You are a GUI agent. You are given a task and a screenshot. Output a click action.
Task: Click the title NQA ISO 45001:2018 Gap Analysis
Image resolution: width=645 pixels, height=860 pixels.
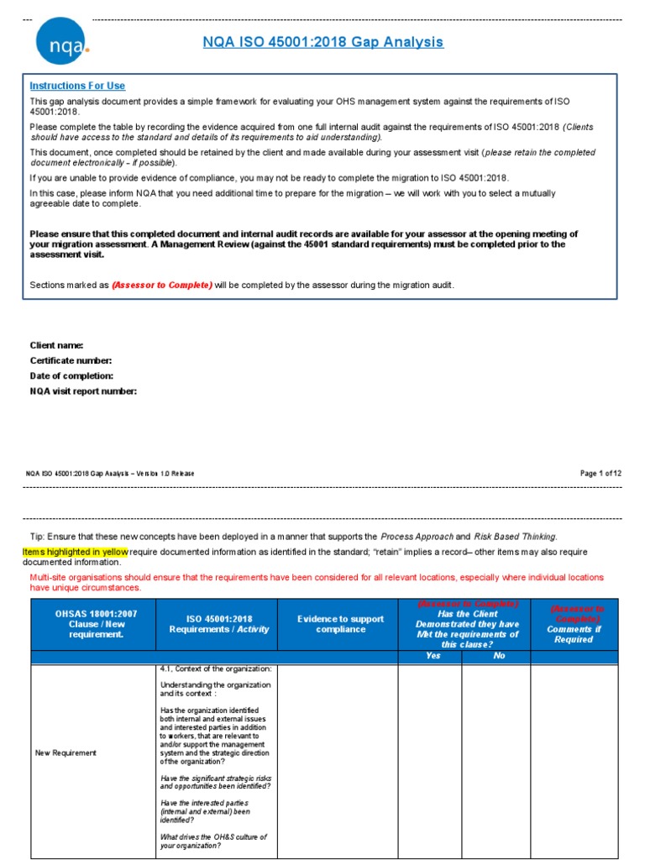(x=322, y=42)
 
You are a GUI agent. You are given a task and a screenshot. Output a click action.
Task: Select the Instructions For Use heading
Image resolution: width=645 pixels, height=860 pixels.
(x=77, y=86)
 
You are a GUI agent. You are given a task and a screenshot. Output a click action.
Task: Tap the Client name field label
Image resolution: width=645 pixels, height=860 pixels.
(x=56, y=345)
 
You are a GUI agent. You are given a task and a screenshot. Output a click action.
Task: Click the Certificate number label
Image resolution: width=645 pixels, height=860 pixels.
(x=71, y=360)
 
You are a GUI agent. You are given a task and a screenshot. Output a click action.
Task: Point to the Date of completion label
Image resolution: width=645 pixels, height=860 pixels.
(x=71, y=375)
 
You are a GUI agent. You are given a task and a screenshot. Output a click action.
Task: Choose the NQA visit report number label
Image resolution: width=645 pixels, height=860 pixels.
(x=83, y=391)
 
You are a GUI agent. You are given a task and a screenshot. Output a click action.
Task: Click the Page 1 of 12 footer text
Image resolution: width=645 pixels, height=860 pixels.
(x=600, y=473)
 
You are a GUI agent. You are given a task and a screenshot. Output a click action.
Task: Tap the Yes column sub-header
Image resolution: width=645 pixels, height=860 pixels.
(x=433, y=656)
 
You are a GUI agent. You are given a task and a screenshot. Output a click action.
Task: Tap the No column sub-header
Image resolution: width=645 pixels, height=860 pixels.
(x=499, y=656)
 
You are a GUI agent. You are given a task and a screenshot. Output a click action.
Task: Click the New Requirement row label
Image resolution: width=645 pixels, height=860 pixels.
(x=66, y=753)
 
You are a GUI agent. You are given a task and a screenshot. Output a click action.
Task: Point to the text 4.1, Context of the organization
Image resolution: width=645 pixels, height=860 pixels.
(x=216, y=669)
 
